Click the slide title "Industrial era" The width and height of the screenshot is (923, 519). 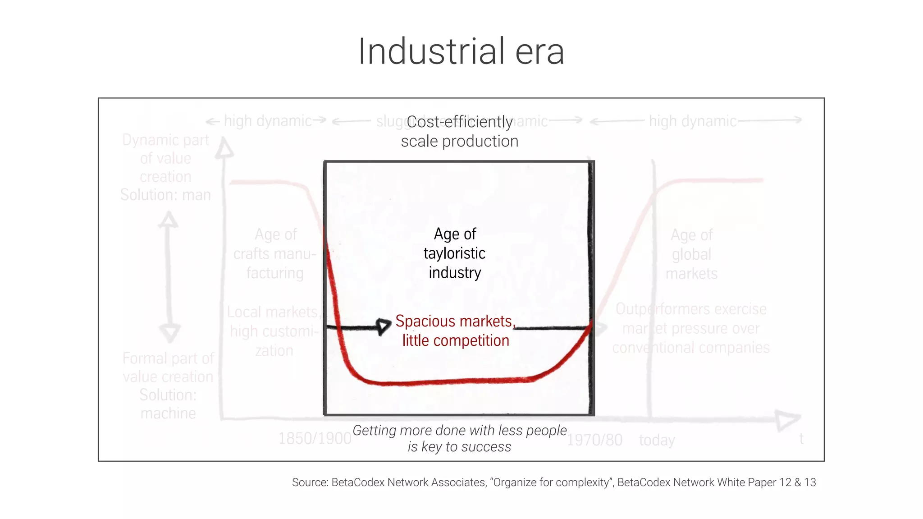click(461, 52)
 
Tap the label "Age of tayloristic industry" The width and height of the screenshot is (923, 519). click(455, 253)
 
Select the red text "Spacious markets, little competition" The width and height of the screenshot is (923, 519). click(455, 331)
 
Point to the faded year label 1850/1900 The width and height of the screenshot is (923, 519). click(315, 438)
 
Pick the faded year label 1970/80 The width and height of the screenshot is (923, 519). click(594, 440)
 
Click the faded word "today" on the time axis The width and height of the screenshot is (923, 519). click(657, 440)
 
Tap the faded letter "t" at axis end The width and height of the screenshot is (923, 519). click(801, 439)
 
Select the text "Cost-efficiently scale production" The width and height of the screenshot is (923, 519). click(460, 131)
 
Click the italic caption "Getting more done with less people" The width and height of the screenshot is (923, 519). click(460, 431)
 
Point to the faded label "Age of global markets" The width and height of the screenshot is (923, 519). click(691, 254)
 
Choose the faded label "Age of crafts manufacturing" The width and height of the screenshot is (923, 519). click(275, 253)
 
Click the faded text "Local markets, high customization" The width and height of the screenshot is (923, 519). click(274, 331)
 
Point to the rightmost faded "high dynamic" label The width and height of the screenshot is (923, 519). click(692, 121)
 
